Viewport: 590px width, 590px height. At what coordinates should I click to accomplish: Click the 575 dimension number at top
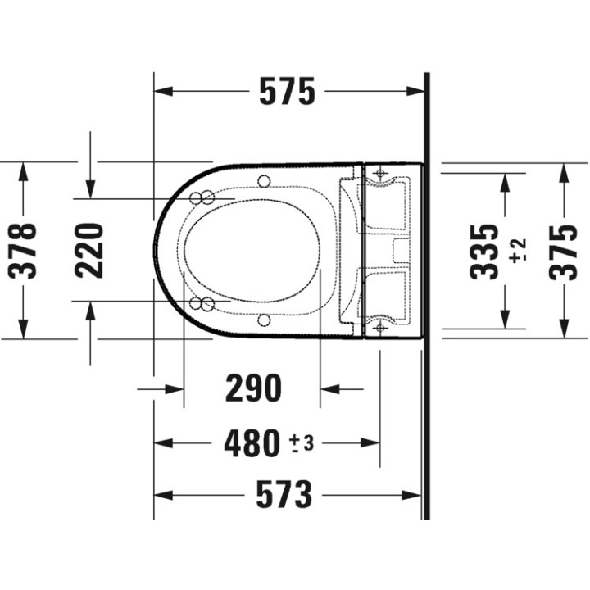tap(287, 92)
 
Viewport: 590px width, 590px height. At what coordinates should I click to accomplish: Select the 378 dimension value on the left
tap(23, 251)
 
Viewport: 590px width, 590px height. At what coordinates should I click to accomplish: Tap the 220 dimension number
tap(89, 251)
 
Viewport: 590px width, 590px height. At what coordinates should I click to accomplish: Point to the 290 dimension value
tap(253, 388)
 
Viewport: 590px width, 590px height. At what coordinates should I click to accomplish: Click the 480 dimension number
tap(252, 443)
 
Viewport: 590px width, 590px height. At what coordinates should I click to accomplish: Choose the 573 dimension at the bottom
tap(284, 494)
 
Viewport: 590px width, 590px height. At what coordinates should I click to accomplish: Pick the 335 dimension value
tap(484, 252)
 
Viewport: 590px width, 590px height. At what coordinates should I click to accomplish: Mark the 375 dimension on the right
tap(563, 252)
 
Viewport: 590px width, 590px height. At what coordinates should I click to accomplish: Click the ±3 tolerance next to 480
tap(302, 443)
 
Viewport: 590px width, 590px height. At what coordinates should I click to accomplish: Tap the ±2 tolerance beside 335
tap(518, 250)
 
